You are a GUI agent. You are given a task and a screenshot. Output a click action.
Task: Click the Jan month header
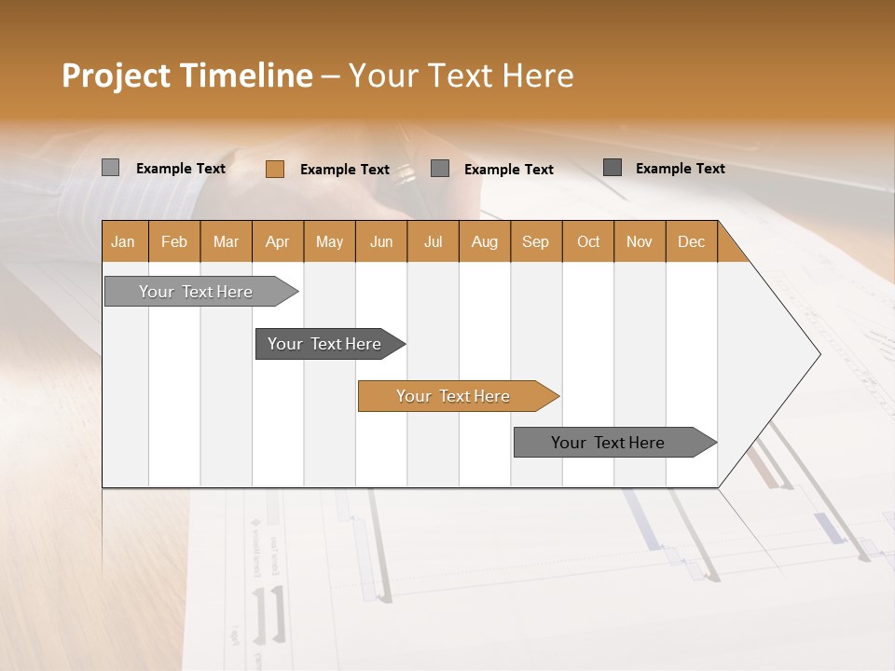point(123,241)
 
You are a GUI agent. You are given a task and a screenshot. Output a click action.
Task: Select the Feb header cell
point(174,241)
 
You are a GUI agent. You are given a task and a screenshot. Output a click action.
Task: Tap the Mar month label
point(226,241)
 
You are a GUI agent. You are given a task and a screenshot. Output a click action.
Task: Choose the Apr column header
point(277,241)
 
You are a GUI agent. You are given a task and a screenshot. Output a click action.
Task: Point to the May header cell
point(329,241)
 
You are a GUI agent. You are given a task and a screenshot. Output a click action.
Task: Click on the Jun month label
point(381,241)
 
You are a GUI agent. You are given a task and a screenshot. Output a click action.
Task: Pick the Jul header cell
point(433,241)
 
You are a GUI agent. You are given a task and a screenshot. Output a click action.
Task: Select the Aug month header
point(484,241)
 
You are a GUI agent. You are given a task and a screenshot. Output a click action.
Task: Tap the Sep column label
point(535,241)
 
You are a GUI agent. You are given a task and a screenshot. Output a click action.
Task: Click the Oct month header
point(588,241)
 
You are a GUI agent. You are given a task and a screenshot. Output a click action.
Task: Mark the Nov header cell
point(640,241)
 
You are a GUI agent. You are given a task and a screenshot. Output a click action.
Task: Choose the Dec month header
point(691,241)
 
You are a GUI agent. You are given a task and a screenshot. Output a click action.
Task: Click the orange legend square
point(274,169)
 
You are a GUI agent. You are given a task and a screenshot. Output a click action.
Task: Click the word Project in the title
point(115,75)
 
